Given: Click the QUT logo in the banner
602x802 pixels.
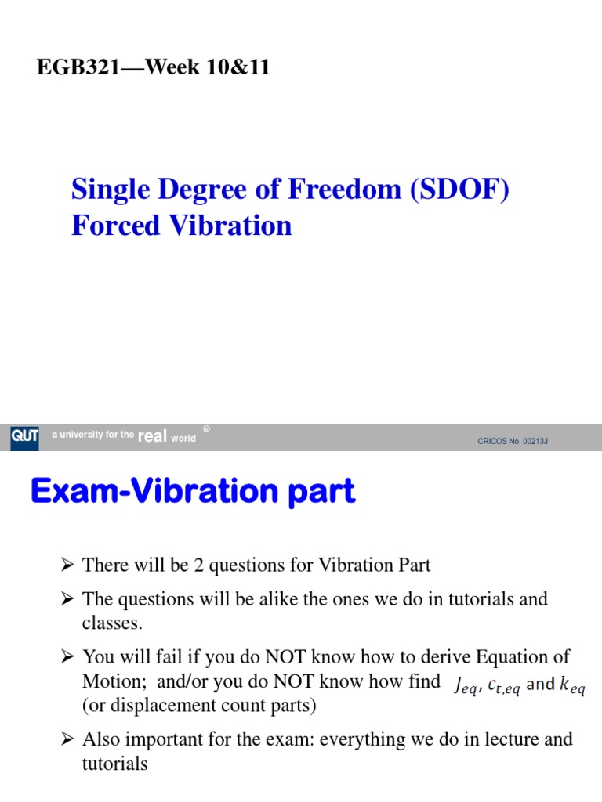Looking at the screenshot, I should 24,437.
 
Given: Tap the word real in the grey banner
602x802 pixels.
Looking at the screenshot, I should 152,437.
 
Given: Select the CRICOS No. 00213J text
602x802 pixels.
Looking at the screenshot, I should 513,441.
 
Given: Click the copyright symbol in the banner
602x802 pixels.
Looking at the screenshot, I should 206,429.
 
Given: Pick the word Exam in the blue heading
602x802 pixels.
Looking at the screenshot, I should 71,492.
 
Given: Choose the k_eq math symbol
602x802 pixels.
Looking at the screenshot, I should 575,685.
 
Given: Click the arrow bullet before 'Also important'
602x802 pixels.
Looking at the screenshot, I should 67,739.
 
